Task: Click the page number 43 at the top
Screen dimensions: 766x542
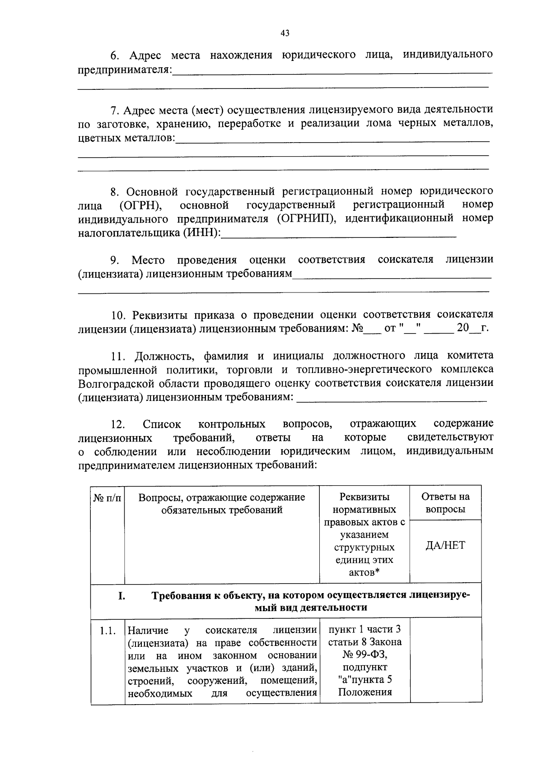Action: click(285, 33)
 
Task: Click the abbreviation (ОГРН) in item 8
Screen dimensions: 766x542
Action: click(141, 205)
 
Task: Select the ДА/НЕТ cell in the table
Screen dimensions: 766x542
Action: click(445, 545)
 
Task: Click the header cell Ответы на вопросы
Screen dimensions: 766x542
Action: click(445, 503)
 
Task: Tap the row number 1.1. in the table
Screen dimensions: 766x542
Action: click(108, 631)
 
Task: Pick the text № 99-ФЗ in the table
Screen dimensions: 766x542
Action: click(364, 655)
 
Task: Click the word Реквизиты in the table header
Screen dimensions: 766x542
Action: click(364, 497)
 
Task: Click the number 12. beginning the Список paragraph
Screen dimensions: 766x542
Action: click(118, 424)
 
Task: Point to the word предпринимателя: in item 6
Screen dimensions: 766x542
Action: click(125, 70)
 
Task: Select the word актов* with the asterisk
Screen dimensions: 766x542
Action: click(364, 572)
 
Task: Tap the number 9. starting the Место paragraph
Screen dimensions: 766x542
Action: click(114, 260)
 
